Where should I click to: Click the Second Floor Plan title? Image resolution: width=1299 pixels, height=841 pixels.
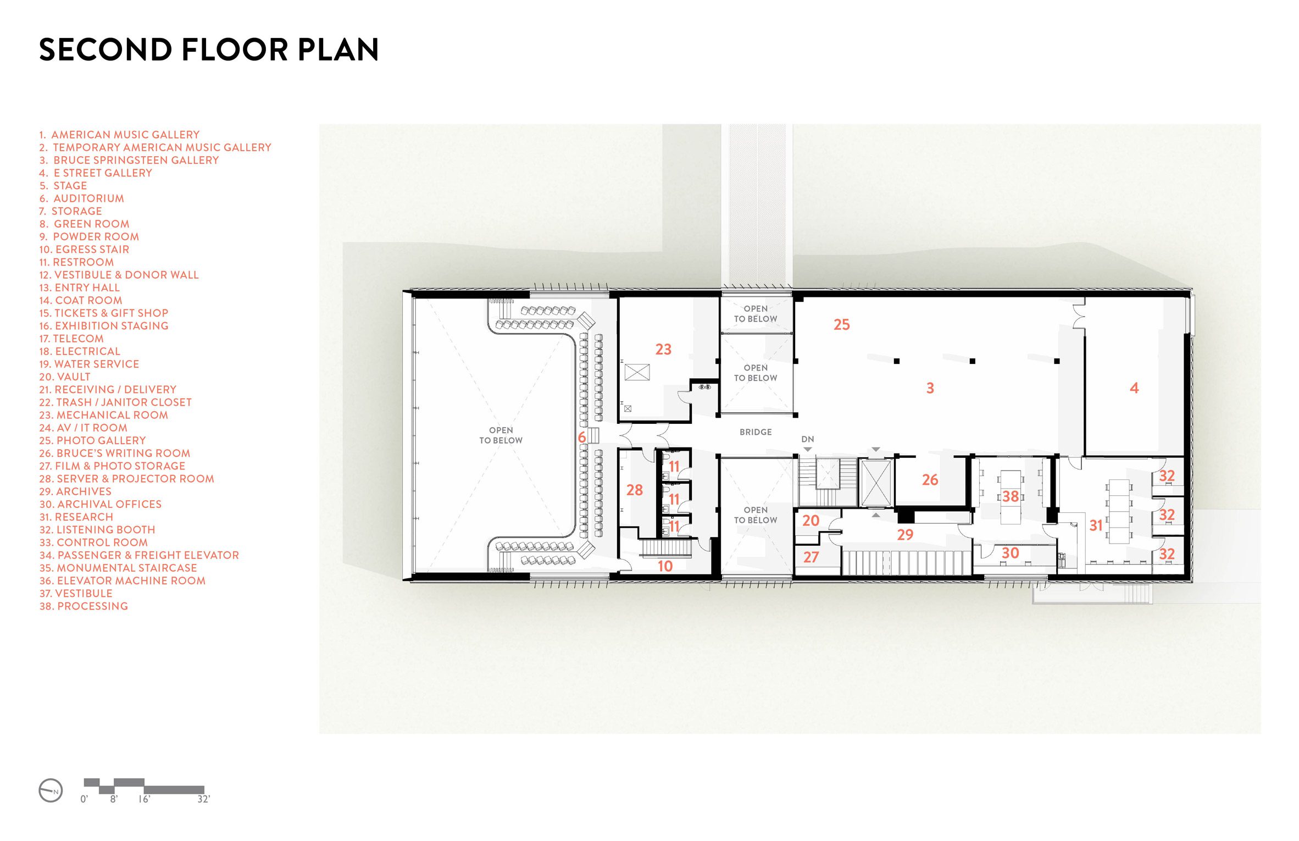coord(209,49)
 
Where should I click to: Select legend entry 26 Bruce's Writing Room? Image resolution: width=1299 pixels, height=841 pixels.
coord(114,453)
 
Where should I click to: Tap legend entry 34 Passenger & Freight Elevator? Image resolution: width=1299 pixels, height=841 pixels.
coord(139,555)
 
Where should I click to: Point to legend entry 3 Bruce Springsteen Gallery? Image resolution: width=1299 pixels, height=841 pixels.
coord(129,160)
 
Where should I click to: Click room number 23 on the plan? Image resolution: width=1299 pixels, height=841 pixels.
coord(663,349)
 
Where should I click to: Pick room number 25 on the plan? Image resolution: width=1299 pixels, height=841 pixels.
coord(841,324)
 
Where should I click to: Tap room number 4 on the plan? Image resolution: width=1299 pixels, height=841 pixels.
coord(1134,388)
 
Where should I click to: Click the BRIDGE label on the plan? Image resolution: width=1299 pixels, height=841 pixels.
coord(756,432)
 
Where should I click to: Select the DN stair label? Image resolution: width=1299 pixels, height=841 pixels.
coord(808,439)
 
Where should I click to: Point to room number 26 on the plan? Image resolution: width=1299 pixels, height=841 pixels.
coord(930,480)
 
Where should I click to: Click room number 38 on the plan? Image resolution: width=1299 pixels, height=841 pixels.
coord(1011,496)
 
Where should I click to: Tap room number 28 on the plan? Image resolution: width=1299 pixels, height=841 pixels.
coord(635,490)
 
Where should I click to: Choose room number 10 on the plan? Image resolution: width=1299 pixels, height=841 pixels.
coord(665,566)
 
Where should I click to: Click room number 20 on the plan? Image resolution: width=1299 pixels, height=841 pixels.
coord(811,521)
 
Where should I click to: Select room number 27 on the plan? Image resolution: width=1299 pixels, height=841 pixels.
coord(811,557)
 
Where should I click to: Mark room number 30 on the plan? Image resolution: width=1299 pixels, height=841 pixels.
coord(1010,553)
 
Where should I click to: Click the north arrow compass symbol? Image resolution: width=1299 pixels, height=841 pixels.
coord(51,791)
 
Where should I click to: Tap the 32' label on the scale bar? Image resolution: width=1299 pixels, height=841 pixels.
coord(203,799)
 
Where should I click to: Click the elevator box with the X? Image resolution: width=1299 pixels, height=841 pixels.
coord(876,483)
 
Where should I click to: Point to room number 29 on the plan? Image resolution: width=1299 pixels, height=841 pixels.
coord(905,535)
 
